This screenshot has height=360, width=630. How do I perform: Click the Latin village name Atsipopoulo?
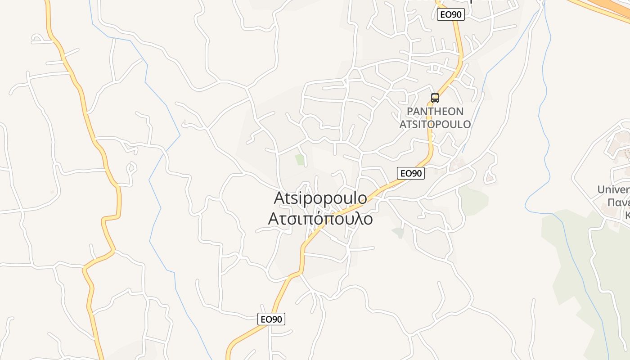pyautogui.click(x=320, y=198)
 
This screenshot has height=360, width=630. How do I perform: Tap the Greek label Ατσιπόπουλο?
pyautogui.click(x=320, y=218)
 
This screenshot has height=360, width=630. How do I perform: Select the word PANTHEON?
pyautogui.click(x=435, y=111)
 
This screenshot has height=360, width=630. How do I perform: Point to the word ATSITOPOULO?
pyautogui.click(x=435, y=124)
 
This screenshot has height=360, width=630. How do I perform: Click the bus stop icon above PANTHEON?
pyautogui.click(x=435, y=98)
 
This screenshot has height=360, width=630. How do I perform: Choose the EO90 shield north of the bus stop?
pyautogui.click(x=450, y=14)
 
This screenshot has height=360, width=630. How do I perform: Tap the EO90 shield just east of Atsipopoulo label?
pyautogui.click(x=411, y=173)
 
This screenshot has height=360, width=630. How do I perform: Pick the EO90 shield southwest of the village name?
pyautogui.click(x=271, y=319)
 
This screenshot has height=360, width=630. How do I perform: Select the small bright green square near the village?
pyautogui.click(x=300, y=159)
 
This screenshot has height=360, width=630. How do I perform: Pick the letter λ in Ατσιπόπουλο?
pyautogui.click(x=355, y=218)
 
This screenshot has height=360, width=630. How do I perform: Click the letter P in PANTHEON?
pyautogui.click(x=409, y=111)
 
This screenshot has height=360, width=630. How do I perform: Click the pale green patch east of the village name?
pyautogui.click(x=472, y=200)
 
